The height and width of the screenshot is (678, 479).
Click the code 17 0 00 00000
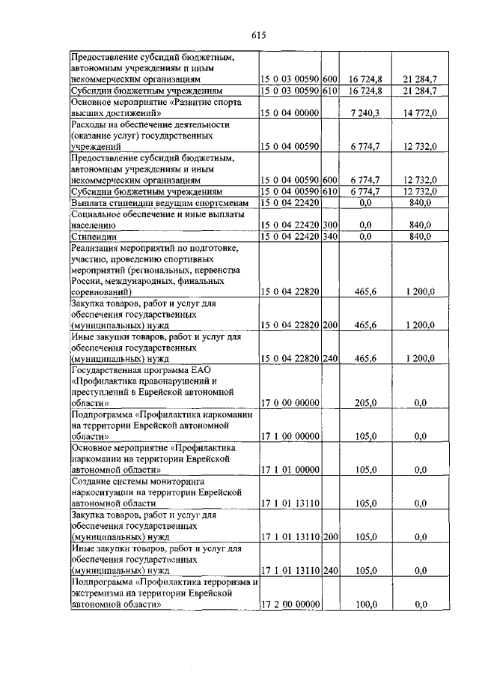[x=290, y=402]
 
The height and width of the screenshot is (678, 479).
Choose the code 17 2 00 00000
[x=290, y=604]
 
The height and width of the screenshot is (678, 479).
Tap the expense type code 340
[x=330, y=236]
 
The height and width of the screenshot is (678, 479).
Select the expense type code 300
[x=330, y=225]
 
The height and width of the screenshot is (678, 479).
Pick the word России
[x=85, y=280]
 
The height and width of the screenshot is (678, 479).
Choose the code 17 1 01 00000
[x=290, y=470]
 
